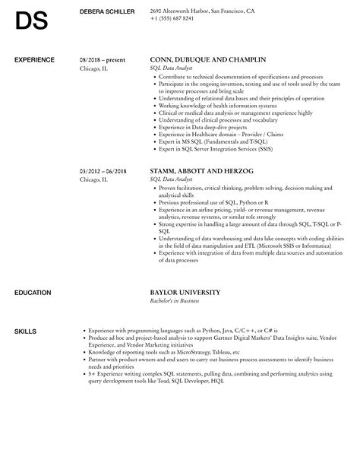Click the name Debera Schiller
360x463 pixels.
[107, 11]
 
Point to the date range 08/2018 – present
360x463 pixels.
[102, 59]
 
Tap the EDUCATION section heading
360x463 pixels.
[32, 271]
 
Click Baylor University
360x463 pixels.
[185, 271]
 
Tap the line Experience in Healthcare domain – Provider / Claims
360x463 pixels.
[220, 133]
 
